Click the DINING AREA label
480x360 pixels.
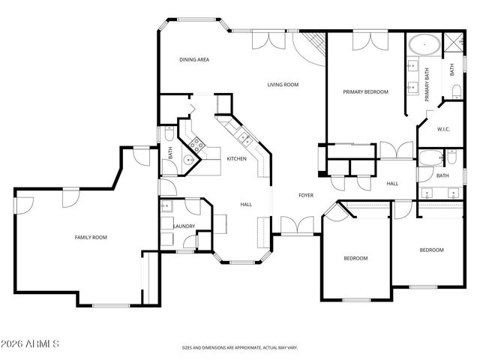[193, 59]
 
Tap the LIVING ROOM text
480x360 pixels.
[283, 85]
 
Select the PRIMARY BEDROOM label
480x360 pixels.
[365, 91]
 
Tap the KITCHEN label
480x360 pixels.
[237, 159]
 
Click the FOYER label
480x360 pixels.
[306, 195]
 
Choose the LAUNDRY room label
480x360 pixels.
[184, 226]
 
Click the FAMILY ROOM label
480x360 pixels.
[91, 237]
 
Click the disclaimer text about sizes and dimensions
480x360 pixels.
[240, 347]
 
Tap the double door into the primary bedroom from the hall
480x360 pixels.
[396, 150]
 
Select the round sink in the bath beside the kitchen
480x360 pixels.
[190, 159]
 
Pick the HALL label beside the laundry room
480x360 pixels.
[245, 204]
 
